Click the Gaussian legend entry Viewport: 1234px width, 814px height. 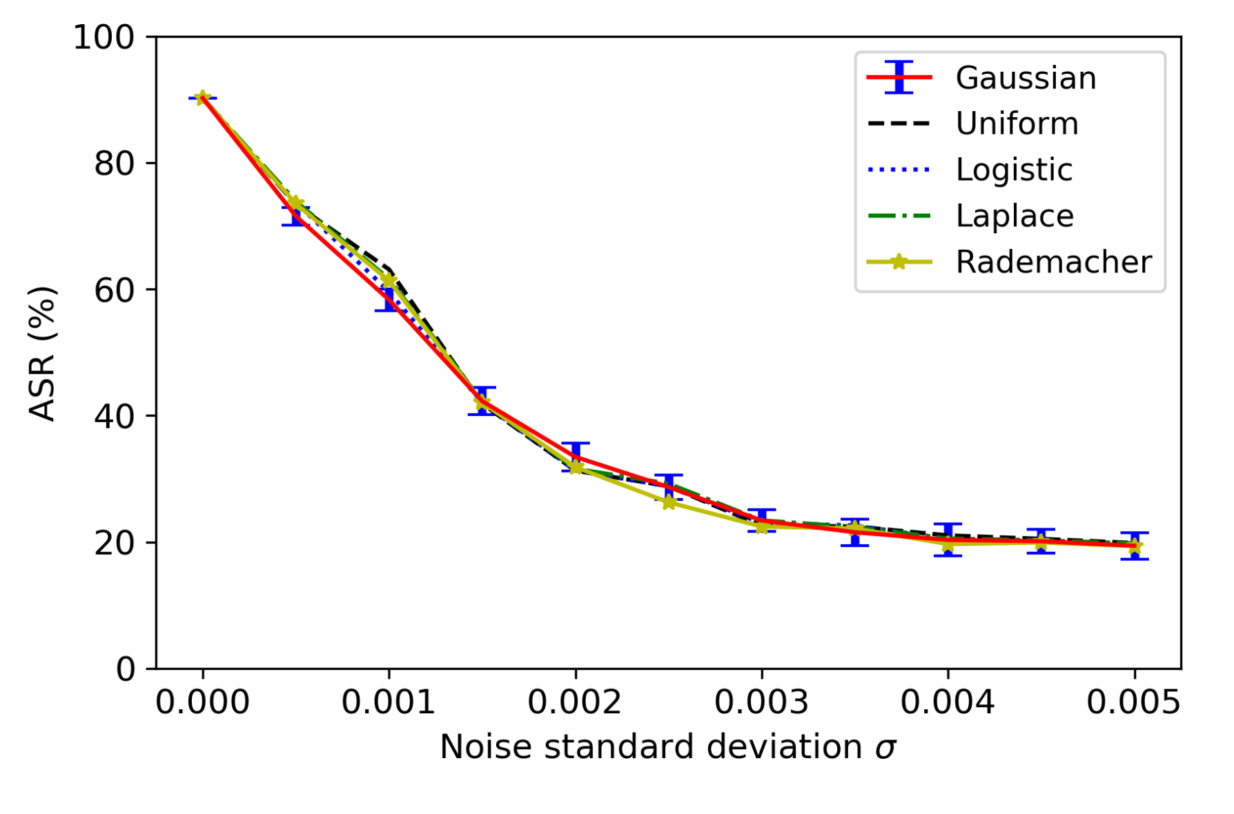[x=1026, y=78]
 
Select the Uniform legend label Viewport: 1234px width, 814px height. [x=1017, y=124]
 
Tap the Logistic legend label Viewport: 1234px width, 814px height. [x=1014, y=170]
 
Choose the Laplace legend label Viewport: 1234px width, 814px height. [x=1015, y=216]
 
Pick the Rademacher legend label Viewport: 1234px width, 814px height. [x=1053, y=262]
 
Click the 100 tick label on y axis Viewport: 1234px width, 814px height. [x=104, y=37]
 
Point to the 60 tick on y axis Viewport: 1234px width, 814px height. [x=114, y=290]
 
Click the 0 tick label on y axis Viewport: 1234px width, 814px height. [x=125, y=669]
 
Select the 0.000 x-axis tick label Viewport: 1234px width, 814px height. [x=202, y=703]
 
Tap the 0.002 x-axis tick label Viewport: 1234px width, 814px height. [x=575, y=703]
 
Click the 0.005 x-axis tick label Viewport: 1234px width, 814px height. [x=1133, y=703]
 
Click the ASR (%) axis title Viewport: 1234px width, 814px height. [x=43, y=353]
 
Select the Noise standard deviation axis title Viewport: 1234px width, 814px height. [x=667, y=748]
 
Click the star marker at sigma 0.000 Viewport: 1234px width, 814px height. [x=202, y=98]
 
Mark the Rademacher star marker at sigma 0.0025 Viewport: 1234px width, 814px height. [x=668, y=503]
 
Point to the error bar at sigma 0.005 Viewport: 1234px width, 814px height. [x=1134, y=546]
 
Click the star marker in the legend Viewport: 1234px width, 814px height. [x=899, y=262]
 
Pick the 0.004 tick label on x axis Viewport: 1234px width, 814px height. [x=947, y=703]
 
